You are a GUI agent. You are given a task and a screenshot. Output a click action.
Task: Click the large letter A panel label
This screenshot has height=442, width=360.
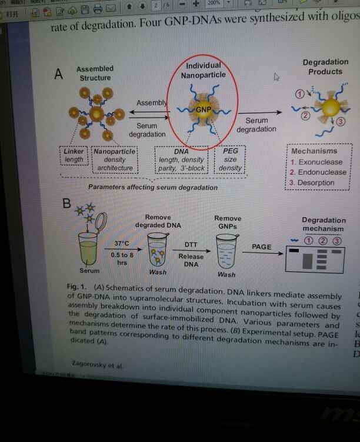pos(58,75)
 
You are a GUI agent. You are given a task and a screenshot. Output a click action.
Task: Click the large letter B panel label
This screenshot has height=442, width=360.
pos(67,204)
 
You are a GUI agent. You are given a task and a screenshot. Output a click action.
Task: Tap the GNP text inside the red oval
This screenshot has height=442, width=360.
pos(203,110)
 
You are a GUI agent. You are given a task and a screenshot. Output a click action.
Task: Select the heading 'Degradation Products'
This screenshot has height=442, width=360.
pos(325,67)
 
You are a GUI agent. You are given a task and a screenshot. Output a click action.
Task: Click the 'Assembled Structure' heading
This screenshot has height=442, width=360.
pos(95,73)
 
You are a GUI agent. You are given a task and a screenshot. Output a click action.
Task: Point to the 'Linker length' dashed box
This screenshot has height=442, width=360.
pos(74,155)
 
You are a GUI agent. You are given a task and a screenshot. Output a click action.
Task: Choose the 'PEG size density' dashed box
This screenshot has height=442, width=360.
pos(230,159)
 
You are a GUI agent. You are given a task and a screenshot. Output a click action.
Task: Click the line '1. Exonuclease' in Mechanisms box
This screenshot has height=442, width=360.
pos(316,162)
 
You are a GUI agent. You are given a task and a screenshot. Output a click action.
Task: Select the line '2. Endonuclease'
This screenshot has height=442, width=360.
pos(318,172)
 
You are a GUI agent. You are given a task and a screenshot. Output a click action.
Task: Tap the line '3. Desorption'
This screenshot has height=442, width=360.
pos(312,182)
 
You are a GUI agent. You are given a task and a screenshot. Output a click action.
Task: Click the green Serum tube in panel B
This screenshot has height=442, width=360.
pos(88,251)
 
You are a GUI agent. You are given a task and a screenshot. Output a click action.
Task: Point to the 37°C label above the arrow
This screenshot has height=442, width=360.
pos(125,243)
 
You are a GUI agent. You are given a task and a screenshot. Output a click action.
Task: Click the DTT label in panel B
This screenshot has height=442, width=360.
pos(191,244)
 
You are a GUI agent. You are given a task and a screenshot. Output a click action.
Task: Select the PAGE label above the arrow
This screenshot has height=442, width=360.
pos(261,247)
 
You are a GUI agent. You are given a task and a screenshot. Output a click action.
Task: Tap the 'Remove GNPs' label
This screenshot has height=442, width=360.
pos(228,221)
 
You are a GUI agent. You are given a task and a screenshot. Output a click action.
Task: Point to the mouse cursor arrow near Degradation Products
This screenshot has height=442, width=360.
pos(276,77)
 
